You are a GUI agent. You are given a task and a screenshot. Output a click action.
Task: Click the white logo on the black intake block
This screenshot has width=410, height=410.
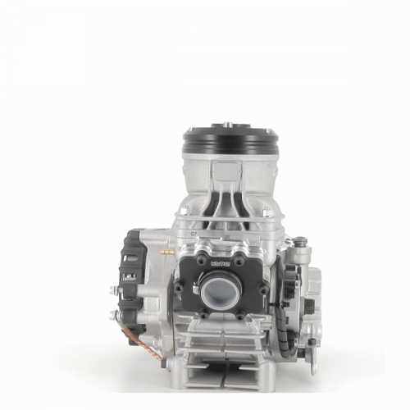[220, 264]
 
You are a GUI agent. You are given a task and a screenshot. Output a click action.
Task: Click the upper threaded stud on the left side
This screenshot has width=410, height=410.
[115, 289]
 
